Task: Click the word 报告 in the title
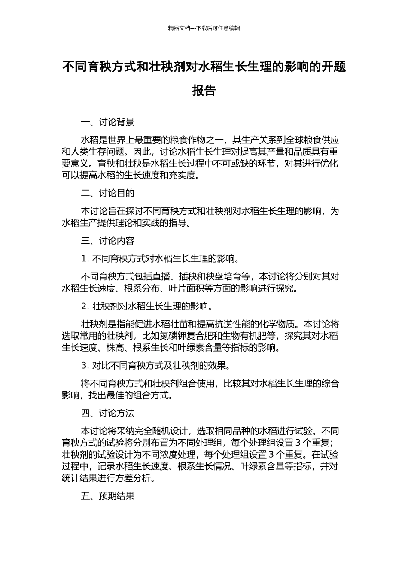[204, 91]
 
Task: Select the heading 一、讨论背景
[107, 122]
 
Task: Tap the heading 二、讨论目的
[107, 194]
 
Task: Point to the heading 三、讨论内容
[107, 241]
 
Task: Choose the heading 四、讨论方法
[107, 413]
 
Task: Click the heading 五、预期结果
[107, 496]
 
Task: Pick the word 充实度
[183, 176]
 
